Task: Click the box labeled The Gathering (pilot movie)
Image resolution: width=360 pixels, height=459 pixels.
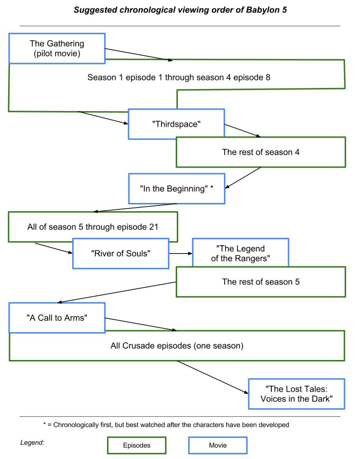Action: click(x=57, y=48)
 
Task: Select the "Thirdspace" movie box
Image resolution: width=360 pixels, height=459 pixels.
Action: click(x=176, y=124)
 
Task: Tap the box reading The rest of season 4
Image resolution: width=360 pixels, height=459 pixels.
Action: click(x=261, y=152)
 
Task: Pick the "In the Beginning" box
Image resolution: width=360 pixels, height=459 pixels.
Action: click(x=176, y=189)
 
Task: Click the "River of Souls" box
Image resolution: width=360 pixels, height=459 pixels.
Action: click(x=120, y=254)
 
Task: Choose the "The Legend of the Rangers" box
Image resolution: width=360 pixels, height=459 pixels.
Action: click(x=240, y=253)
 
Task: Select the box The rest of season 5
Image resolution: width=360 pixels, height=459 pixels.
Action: click(x=261, y=282)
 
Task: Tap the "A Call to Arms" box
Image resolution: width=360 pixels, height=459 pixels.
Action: click(x=57, y=318)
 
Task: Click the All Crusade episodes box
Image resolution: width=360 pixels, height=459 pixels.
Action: click(x=177, y=346)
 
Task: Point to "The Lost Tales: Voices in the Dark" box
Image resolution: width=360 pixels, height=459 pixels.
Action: click(x=296, y=394)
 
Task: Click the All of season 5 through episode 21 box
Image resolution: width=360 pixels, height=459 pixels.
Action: click(x=93, y=227)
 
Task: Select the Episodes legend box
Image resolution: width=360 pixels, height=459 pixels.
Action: click(x=137, y=445)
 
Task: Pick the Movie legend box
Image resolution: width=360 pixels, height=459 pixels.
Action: click(x=218, y=445)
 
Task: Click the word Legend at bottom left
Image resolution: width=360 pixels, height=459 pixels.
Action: click(x=32, y=443)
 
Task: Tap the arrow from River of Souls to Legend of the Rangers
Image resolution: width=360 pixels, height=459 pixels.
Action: click(x=181, y=254)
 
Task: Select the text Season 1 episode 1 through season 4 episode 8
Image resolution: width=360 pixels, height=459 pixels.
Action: click(x=179, y=77)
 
